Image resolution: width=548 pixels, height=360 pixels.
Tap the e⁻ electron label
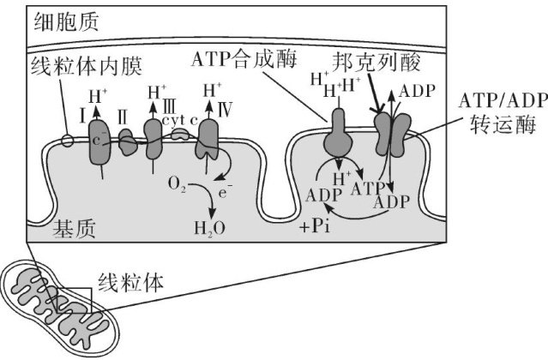point(225,195)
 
